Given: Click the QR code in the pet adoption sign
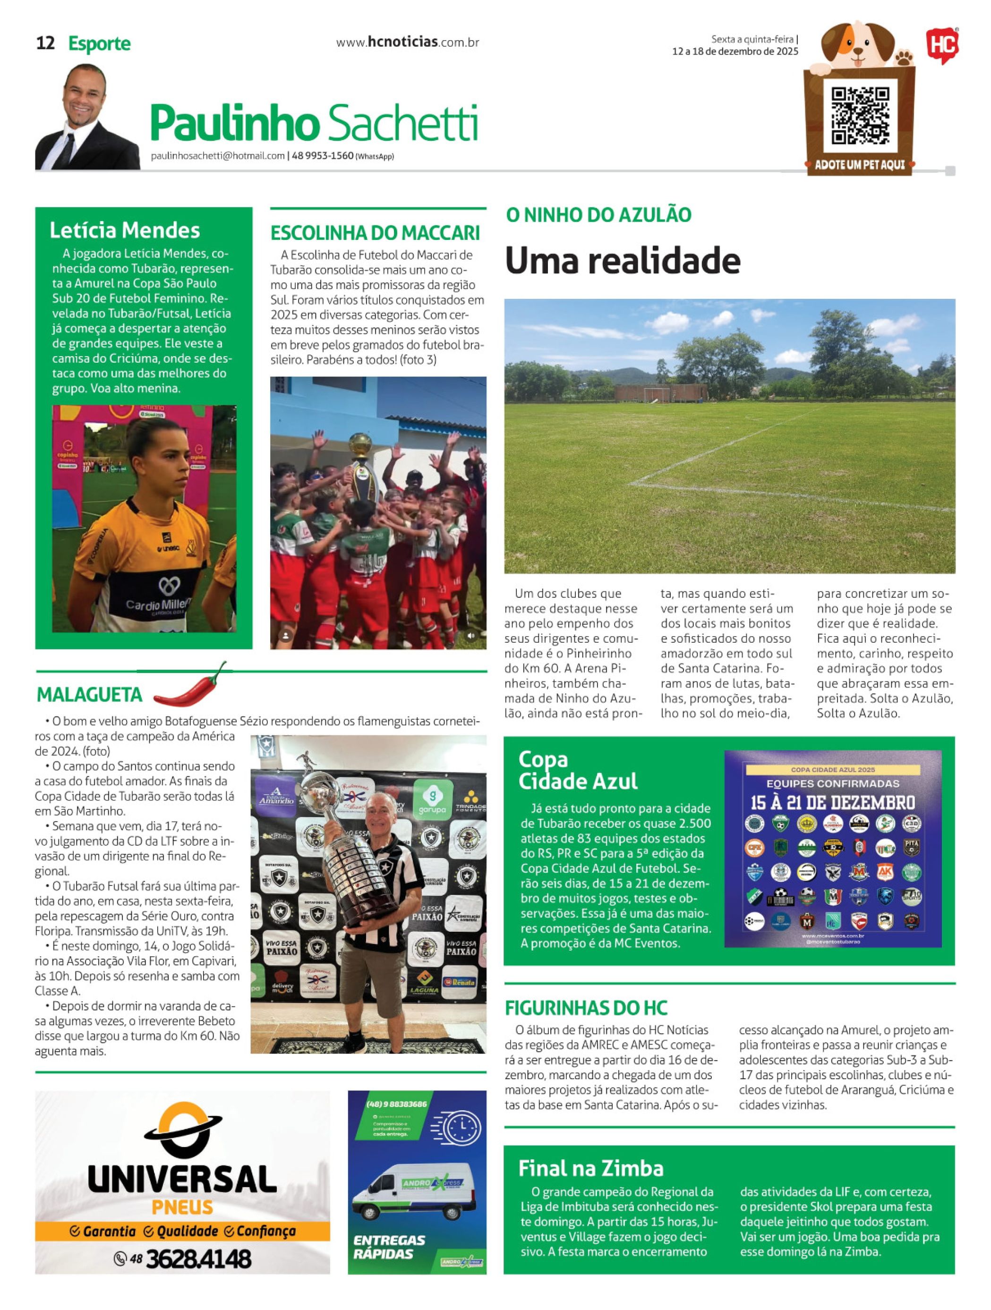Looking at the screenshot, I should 860,116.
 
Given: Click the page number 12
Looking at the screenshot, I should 46,43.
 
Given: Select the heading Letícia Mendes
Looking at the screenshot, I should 124,230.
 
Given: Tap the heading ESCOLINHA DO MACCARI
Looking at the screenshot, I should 375,233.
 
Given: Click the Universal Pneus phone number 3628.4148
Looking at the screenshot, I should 198,1259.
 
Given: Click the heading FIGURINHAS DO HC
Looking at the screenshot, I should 586,1008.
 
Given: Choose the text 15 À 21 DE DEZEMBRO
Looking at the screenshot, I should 832,804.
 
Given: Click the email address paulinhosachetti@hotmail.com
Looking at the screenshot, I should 218,156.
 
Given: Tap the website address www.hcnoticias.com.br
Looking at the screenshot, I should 407,43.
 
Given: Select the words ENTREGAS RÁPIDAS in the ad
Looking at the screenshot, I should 389,1247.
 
